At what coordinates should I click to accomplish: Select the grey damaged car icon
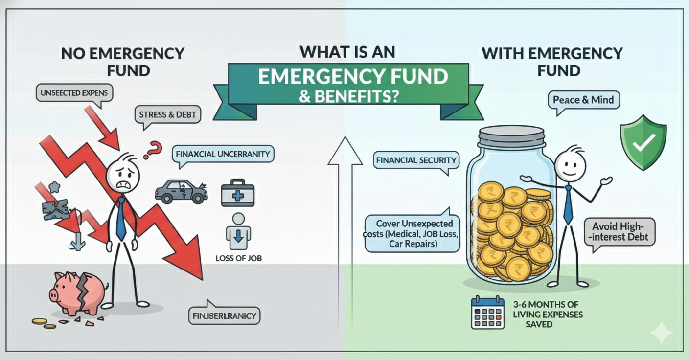click(x=181, y=192)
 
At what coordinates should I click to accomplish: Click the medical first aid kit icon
click(x=237, y=194)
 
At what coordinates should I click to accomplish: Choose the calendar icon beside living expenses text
click(x=487, y=313)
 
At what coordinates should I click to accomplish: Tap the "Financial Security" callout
click(x=416, y=160)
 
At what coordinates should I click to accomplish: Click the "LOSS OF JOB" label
click(x=238, y=258)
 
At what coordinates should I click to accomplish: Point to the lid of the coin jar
click(x=512, y=135)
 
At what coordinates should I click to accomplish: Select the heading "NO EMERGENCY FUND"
click(x=123, y=61)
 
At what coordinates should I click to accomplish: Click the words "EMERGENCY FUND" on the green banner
click(x=352, y=77)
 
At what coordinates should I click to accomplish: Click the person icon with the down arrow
click(x=238, y=232)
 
